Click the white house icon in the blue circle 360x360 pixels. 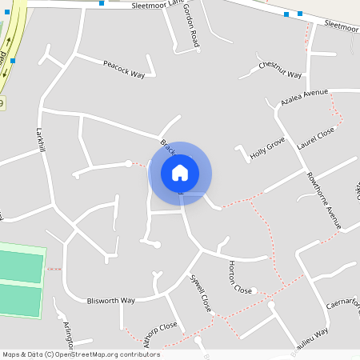click(180, 172)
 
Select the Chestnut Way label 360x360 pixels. click(279, 70)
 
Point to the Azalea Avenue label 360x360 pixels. click(304, 99)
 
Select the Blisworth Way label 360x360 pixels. click(111, 301)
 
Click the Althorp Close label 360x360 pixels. click(157, 328)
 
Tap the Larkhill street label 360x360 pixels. click(40, 139)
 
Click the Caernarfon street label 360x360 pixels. click(344, 306)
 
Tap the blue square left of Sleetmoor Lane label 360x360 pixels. click(102, 4)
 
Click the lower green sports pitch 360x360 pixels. click(21, 301)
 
